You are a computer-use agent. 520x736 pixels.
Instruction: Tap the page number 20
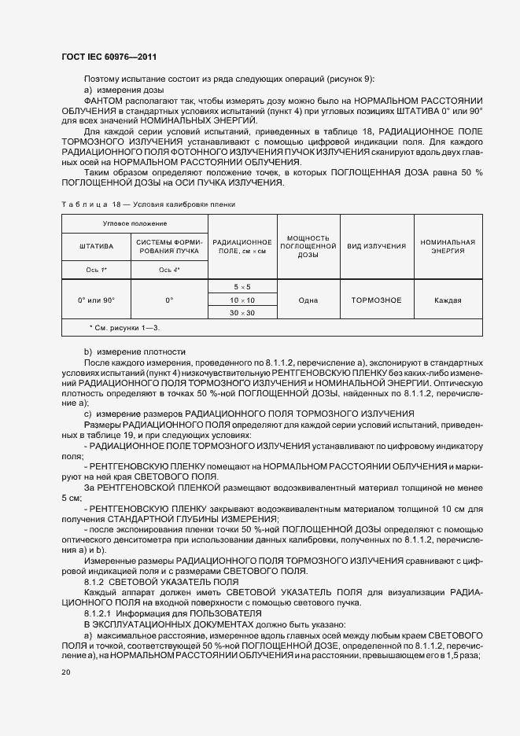pyautogui.click(x=65, y=672)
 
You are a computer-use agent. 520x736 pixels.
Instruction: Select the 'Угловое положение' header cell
pyautogui.click(x=133, y=224)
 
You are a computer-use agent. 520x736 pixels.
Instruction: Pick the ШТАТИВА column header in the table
pyautogui.click(x=96, y=246)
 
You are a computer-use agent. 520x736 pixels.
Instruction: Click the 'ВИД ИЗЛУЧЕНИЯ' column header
pyautogui.click(x=377, y=246)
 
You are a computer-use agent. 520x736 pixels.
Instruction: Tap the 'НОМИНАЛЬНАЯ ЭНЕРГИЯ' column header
pyautogui.click(x=448, y=246)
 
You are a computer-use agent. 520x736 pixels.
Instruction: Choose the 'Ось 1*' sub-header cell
pyautogui.click(x=96, y=269)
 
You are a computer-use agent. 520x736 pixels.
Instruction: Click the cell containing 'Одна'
pyautogui.click(x=308, y=300)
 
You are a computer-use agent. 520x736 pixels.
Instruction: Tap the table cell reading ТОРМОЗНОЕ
pyautogui.click(x=377, y=300)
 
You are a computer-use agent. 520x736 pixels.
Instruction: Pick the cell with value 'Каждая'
pyautogui.click(x=448, y=300)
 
